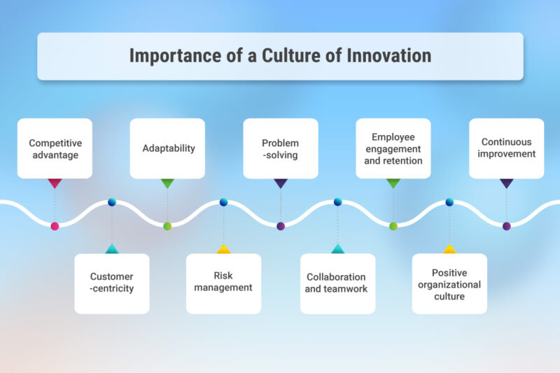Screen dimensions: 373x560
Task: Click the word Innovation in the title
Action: pyautogui.click(x=388, y=56)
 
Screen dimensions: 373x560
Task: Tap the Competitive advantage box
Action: pyautogui.click(x=55, y=148)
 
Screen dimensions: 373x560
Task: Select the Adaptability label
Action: pyautogui.click(x=167, y=148)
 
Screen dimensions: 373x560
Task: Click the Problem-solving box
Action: pyautogui.click(x=280, y=148)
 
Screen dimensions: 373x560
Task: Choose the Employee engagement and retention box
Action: pyautogui.click(x=393, y=148)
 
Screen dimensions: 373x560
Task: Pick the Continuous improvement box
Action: pyautogui.click(x=506, y=148)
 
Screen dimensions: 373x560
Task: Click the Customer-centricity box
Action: pyautogui.click(x=112, y=283)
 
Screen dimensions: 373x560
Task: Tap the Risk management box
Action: pyautogui.click(x=223, y=283)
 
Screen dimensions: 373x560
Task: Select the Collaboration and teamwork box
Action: pyautogui.click(x=337, y=283)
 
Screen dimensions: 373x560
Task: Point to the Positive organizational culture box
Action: pyautogui.click(x=449, y=283)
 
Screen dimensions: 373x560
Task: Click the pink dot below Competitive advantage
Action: pyautogui.click(x=55, y=226)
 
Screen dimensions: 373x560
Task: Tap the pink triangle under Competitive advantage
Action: pyautogui.click(x=55, y=183)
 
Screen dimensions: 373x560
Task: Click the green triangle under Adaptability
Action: pyautogui.click(x=167, y=183)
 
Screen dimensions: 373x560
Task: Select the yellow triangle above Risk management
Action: pyautogui.click(x=223, y=248)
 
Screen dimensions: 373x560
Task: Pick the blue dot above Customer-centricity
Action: pyautogui.click(x=112, y=202)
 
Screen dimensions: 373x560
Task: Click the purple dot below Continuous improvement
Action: pyautogui.click(x=506, y=226)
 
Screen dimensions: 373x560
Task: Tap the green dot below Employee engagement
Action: pyautogui.click(x=393, y=226)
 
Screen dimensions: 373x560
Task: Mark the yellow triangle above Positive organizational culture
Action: pyautogui.click(x=449, y=248)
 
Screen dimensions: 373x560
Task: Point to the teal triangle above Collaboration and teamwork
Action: pyautogui.click(x=337, y=248)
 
